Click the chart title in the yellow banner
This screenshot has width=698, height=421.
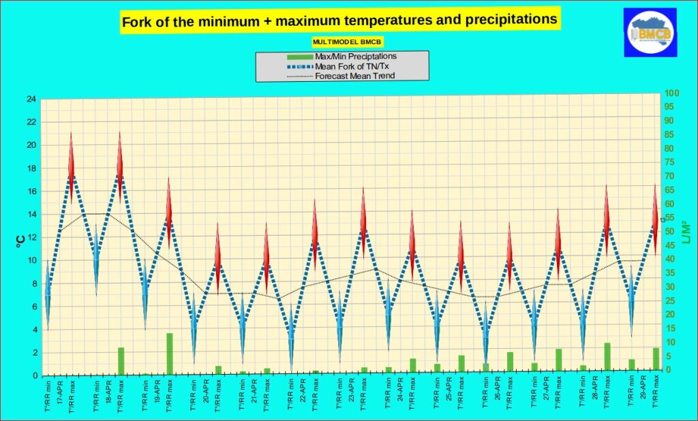(x=339, y=20)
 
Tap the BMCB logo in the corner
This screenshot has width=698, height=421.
(x=650, y=32)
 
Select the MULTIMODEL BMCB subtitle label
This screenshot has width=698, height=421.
(x=339, y=42)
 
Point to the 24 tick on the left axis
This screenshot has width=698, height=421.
(x=31, y=99)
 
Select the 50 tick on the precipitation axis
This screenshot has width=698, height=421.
(x=671, y=232)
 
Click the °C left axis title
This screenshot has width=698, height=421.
(x=21, y=239)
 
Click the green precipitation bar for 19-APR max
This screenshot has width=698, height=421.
(x=169, y=354)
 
